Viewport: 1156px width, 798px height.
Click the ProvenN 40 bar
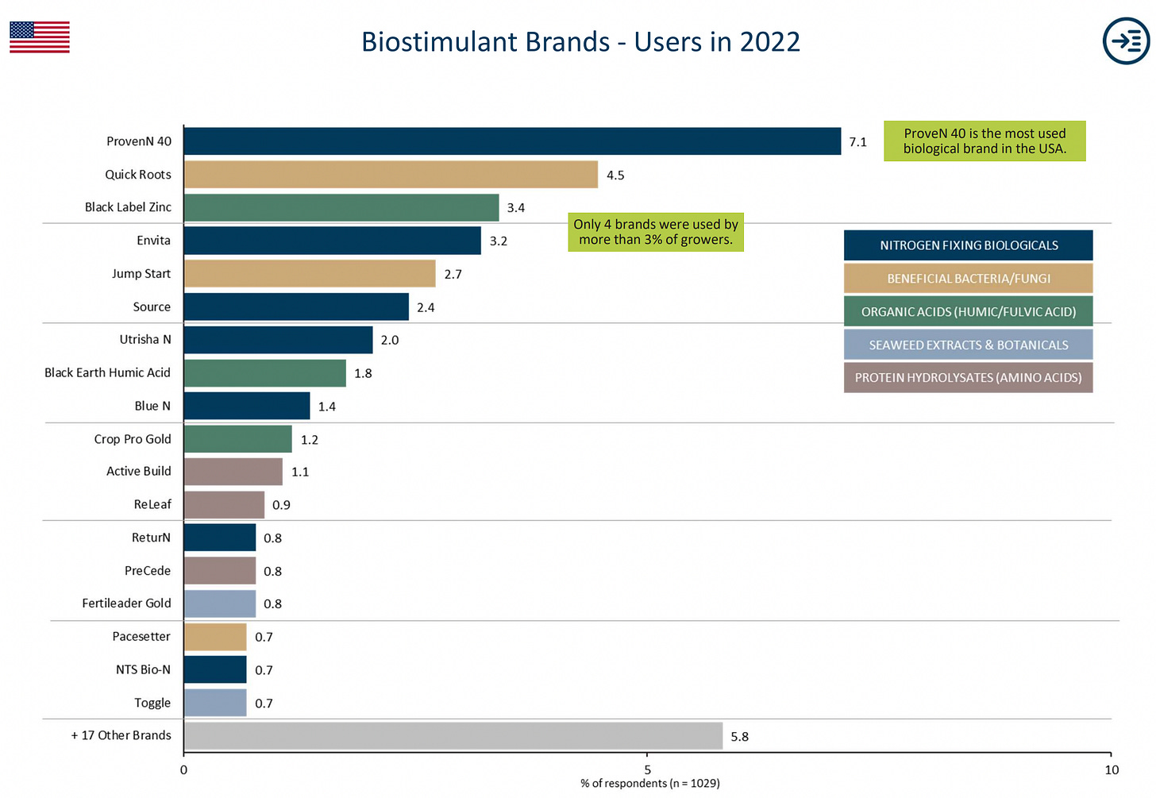[x=512, y=141]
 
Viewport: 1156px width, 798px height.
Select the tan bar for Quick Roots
[x=391, y=175]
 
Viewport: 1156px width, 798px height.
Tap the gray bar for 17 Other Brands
[x=453, y=736]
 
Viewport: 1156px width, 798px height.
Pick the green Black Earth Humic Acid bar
[x=264, y=373]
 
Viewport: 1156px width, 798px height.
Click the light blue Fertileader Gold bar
[x=219, y=603]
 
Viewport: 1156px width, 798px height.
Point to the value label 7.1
[x=857, y=142]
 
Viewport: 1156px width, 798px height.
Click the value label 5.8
[x=739, y=737]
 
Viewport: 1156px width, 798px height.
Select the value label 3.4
[x=515, y=208]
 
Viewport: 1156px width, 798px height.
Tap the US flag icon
[x=40, y=37]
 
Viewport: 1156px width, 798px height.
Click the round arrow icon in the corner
[x=1126, y=40]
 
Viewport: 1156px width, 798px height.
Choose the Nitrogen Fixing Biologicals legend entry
[x=968, y=245]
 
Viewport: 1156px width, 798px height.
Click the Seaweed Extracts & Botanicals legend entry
[x=968, y=345]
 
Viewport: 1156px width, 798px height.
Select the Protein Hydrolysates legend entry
[x=968, y=378]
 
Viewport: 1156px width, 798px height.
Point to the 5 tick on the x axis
[x=647, y=769]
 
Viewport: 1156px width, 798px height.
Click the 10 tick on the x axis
[x=1111, y=769]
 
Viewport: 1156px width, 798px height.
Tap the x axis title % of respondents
[x=649, y=784]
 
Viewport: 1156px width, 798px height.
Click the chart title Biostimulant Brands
[x=580, y=41]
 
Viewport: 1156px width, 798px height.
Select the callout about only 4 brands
[x=656, y=232]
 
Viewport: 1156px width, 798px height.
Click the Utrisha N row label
[x=145, y=340]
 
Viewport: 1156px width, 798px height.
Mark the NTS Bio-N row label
[x=143, y=670]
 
